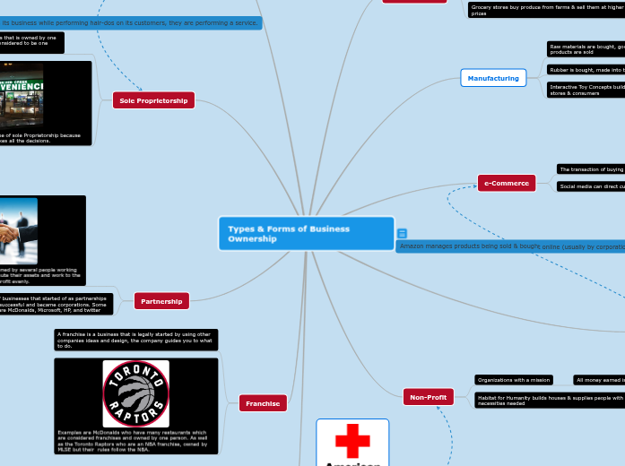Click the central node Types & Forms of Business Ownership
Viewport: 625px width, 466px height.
point(306,234)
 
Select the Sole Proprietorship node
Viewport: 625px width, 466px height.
point(153,101)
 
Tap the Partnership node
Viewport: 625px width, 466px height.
point(161,301)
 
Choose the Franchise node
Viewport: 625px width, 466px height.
point(263,404)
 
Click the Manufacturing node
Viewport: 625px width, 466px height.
point(493,78)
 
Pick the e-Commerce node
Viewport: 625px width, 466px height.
point(507,183)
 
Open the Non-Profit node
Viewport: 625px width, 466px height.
point(429,395)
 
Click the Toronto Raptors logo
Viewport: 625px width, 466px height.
point(135,393)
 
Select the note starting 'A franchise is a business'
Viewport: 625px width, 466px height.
point(135,340)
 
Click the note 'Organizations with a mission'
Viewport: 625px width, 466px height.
point(513,380)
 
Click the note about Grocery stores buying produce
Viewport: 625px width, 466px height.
point(545,11)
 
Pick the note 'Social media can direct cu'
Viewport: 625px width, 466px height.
point(590,186)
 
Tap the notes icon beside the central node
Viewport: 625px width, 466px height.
point(402,233)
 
